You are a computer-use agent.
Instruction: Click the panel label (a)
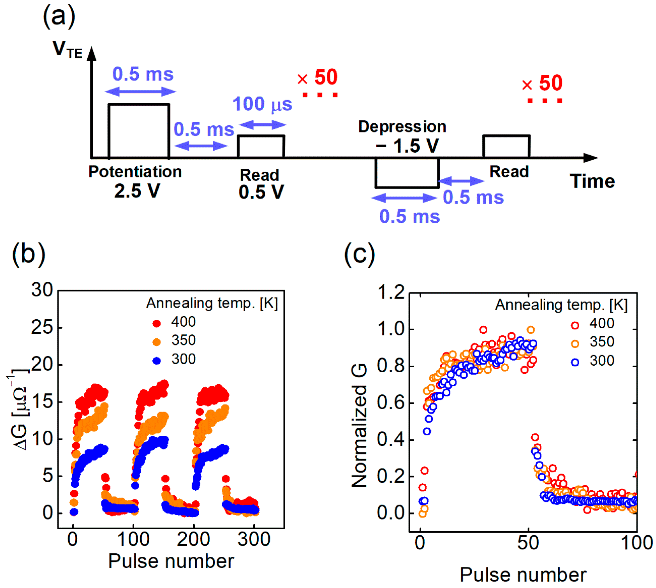[x=59, y=17]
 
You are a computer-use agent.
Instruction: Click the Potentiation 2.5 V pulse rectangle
[x=138, y=131]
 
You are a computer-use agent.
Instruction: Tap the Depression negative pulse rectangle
[x=407, y=173]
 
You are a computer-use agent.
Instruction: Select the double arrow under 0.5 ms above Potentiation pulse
[x=140, y=92]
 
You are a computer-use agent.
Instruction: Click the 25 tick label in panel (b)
[x=42, y=328]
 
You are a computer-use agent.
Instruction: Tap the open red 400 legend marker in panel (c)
[x=575, y=325]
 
